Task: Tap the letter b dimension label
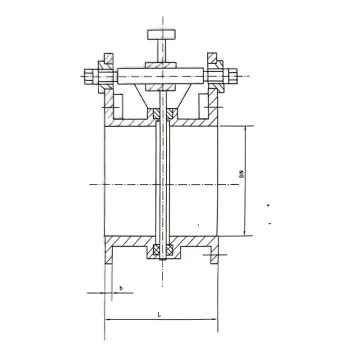(x=120, y=288)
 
